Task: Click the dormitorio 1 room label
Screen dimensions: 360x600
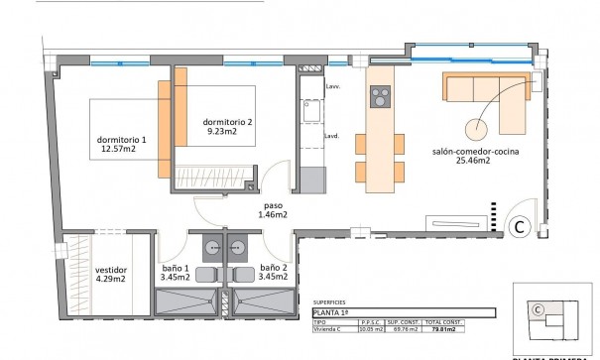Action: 122,139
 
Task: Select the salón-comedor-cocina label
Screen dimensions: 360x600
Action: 475,153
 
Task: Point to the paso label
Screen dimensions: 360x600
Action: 274,205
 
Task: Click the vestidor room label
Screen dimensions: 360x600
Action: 110,268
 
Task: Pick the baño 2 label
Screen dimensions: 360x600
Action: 275,268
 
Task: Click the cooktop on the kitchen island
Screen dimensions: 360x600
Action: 379,97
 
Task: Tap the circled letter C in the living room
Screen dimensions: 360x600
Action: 517,227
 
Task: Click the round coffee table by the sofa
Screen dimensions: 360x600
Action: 476,128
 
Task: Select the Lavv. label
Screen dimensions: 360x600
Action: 332,87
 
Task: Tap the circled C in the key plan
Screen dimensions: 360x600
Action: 537,309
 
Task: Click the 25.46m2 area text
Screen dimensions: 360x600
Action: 475,165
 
